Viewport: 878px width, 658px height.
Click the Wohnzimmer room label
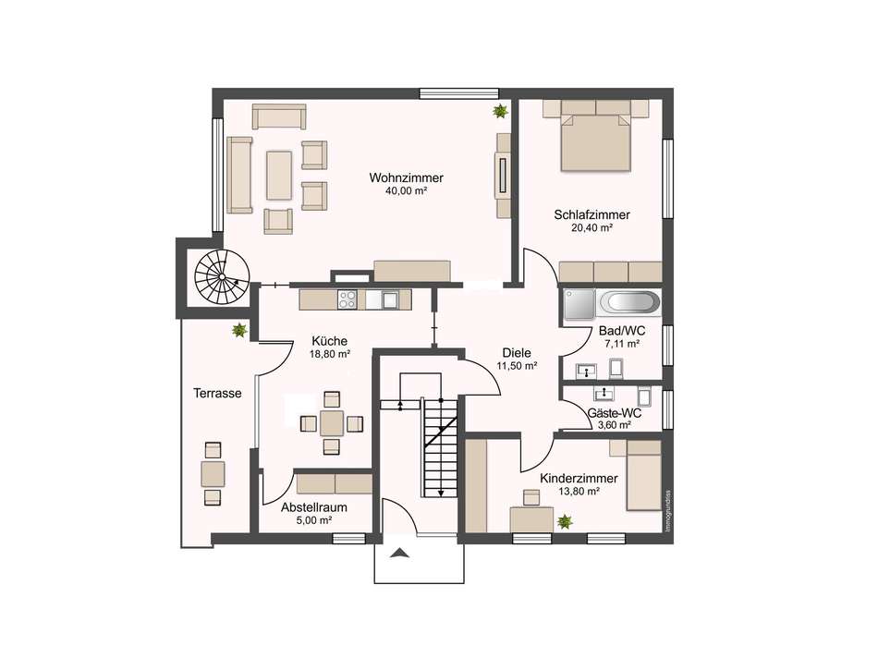pos(406,178)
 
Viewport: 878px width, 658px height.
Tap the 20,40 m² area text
pos(591,228)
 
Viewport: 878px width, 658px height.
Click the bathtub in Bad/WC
pos(629,303)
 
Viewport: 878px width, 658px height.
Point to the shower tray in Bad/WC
pos(579,304)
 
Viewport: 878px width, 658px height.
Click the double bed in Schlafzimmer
pos(596,142)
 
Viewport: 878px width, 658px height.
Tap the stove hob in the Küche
pos(348,299)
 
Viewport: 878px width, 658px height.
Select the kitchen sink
pos(389,299)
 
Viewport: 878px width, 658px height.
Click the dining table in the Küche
pos(332,422)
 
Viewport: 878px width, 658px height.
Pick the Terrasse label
pos(217,393)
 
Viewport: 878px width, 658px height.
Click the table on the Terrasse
pos(213,474)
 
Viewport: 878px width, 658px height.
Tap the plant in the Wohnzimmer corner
pos(500,112)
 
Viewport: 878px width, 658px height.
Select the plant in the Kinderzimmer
pos(565,522)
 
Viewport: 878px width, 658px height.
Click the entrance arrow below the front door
pos(400,554)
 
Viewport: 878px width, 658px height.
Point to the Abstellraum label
pos(314,507)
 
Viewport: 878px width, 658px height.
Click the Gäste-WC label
pos(615,413)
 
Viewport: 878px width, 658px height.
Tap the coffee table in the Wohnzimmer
pos(279,175)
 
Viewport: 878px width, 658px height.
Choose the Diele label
pos(517,353)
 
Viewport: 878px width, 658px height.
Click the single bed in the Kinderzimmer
pos(644,475)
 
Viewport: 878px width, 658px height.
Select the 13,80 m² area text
pos(579,491)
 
